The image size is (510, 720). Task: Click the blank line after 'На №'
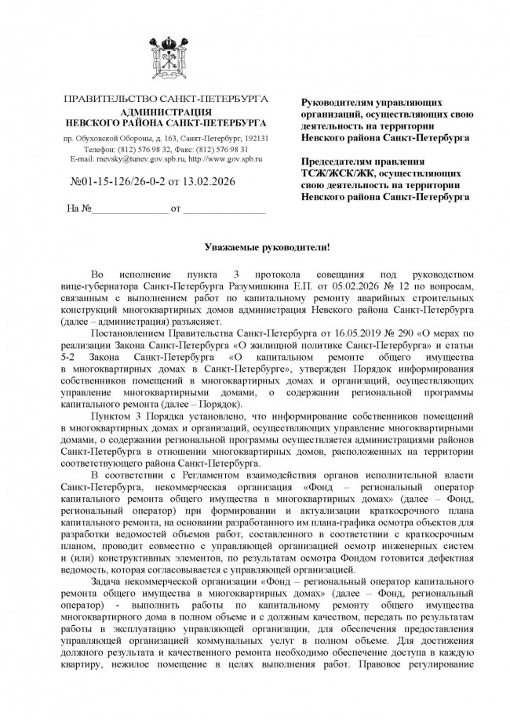coord(129,211)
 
